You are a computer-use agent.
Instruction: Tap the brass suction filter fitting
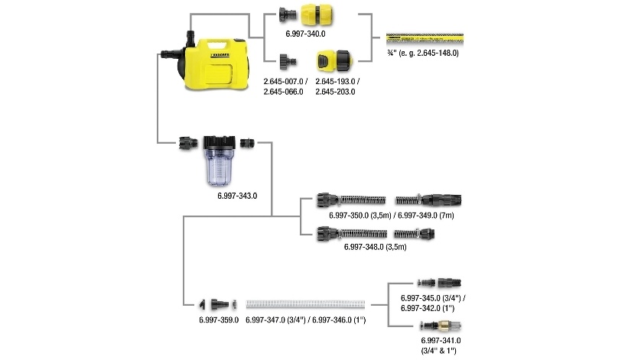[x=438, y=326]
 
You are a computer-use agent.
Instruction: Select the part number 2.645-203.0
[x=335, y=92]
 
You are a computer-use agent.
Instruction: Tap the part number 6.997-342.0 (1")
[x=434, y=308]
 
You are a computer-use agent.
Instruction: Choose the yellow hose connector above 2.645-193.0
[x=334, y=60]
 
